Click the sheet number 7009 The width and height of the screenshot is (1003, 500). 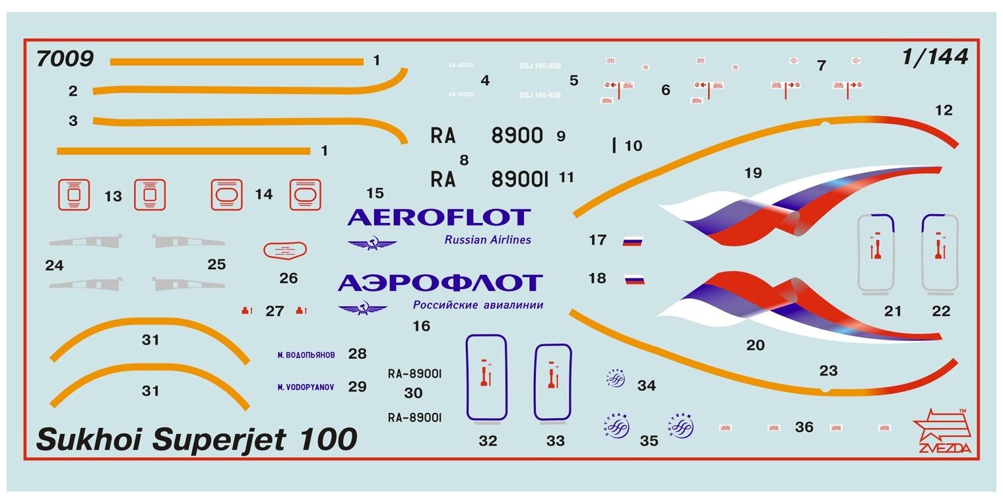(65, 59)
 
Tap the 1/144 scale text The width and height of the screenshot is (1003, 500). (935, 57)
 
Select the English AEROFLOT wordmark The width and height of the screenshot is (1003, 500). (439, 217)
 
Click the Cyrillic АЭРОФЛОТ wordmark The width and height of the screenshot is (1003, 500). (440, 283)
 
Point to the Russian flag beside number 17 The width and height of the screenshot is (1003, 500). (632, 241)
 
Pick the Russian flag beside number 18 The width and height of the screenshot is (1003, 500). (634, 280)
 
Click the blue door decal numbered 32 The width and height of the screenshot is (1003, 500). (486, 377)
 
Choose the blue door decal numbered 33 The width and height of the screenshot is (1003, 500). (552, 382)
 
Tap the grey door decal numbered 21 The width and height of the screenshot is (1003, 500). (876, 253)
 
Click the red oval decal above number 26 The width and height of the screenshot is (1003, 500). (285, 250)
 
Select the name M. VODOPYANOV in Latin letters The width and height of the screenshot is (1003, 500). (306, 387)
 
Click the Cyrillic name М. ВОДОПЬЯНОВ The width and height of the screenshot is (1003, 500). (306, 355)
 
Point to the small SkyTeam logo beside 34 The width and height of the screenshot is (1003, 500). (616, 379)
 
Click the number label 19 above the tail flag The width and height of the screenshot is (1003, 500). (752, 173)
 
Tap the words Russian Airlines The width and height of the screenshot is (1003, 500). (488, 240)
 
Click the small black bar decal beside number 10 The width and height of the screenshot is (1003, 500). (614, 145)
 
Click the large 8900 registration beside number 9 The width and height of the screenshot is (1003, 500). (517, 136)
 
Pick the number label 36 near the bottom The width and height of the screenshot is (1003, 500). (804, 427)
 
